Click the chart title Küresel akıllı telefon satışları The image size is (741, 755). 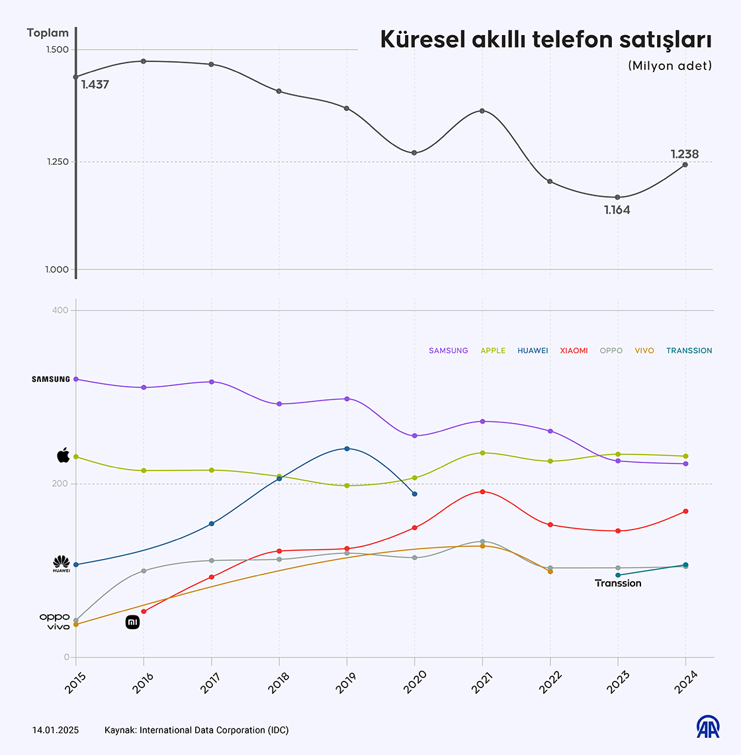click(546, 40)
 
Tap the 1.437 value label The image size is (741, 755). click(95, 85)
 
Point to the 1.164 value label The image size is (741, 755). click(617, 210)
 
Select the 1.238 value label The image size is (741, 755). click(684, 154)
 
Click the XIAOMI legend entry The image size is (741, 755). click(574, 351)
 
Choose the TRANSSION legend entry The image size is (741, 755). click(689, 351)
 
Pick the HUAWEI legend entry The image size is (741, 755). click(533, 351)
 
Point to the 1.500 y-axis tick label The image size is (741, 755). click(58, 50)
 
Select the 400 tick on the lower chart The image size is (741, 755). click(60, 310)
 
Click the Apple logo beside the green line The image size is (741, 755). click(64, 455)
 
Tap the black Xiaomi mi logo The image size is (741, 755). click(133, 623)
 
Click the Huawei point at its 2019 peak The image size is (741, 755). click(347, 449)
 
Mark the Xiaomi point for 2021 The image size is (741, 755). click(482, 492)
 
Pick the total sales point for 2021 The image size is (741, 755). click(482, 111)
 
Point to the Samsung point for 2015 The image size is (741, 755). click(76, 379)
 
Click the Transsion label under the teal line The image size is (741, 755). click(618, 583)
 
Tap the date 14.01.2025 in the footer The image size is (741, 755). click(56, 731)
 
